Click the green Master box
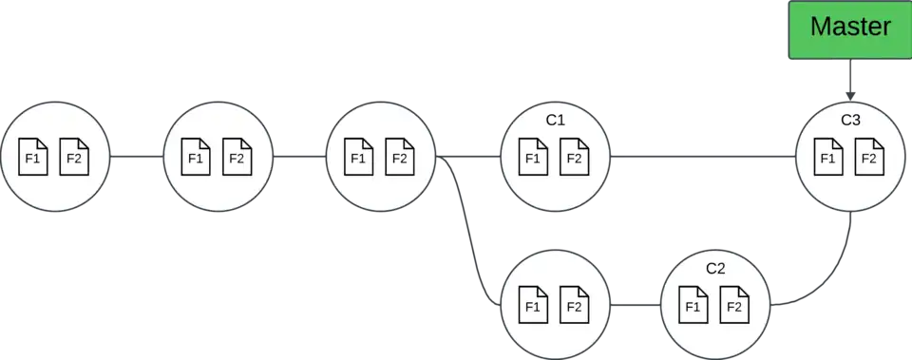point(850,28)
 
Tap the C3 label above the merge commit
point(851,121)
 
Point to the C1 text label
point(556,121)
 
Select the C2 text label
point(716,269)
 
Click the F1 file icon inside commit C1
point(533,158)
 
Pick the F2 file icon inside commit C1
point(574,158)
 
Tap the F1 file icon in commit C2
point(693,306)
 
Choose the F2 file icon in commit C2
point(733,306)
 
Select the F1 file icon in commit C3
point(828,158)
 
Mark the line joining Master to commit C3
point(850,82)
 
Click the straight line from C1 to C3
point(703,156)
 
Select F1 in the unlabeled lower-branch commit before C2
point(533,306)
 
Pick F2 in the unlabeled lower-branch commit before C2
point(574,306)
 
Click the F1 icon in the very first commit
point(33,158)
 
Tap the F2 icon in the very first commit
point(74,158)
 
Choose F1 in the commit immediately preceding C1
point(358,158)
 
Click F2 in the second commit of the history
point(237,158)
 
